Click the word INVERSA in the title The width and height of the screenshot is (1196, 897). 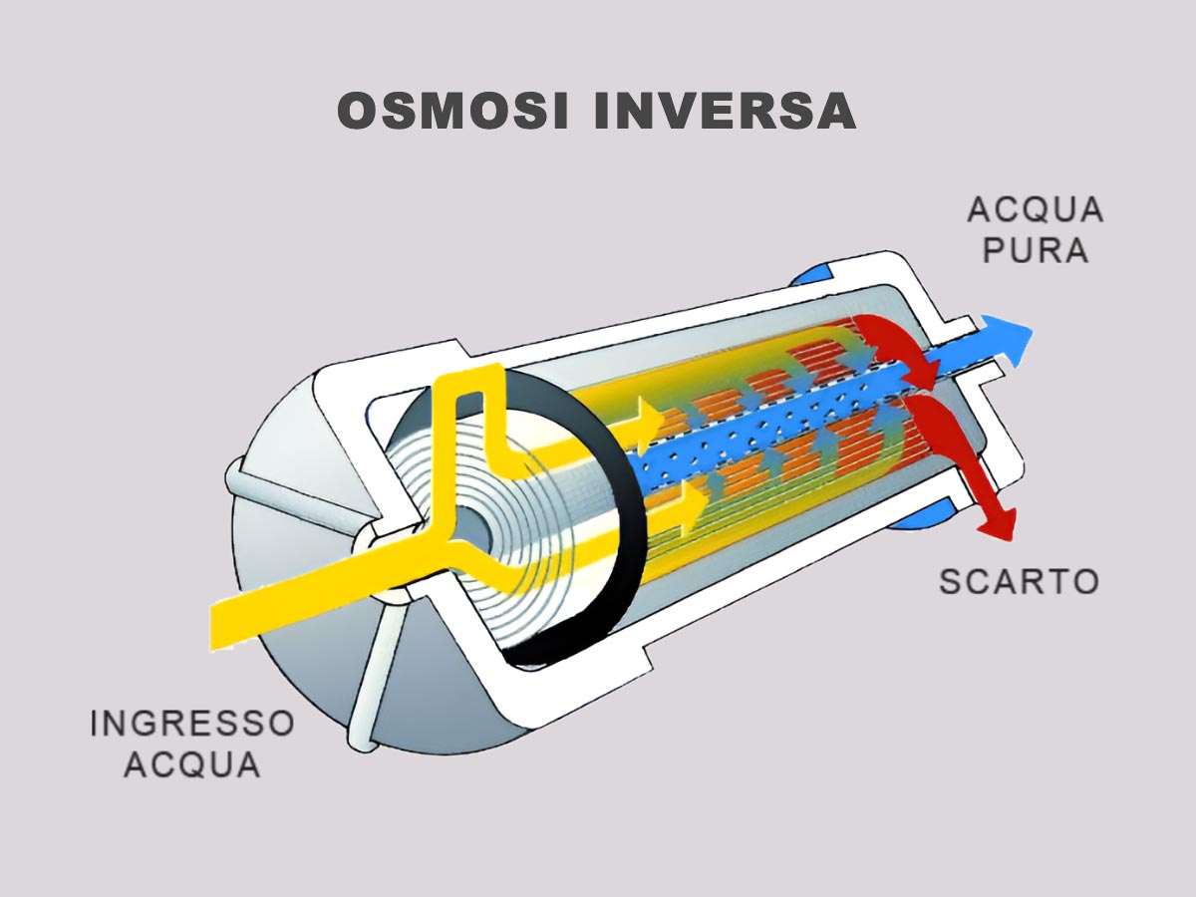(x=725, y=111)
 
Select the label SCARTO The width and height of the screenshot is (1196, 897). (x=1019, y=580)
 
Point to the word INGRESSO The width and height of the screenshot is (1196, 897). (x=191, y=723)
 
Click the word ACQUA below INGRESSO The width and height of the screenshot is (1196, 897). (x=191, y=764)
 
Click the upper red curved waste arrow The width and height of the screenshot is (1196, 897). (x=897, y=344)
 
